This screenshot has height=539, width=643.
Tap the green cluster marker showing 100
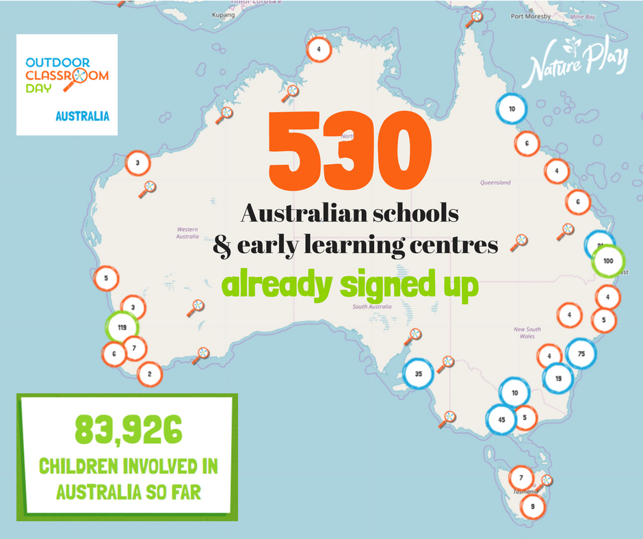(x=608, y=261)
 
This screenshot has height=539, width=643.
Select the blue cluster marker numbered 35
(x=419, y=373)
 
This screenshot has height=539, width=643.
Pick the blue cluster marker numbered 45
(x=502, y=420)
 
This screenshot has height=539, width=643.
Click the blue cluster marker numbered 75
(x=581, y=354)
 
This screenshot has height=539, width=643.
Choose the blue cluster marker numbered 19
(x=558, y=378)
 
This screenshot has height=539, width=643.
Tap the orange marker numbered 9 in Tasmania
(x=532, y=507)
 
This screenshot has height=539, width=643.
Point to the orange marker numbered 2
(x=149, y=373)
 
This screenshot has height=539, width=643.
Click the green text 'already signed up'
(x=351, y=287)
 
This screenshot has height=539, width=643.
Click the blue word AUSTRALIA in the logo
(x=82, y=116)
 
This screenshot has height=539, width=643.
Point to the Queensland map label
(x=495, y=183)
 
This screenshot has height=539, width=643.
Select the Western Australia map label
(x=187, y=233)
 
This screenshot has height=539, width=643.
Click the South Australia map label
(x=371, y=307)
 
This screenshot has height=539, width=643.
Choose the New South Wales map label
(x=528, y=332)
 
